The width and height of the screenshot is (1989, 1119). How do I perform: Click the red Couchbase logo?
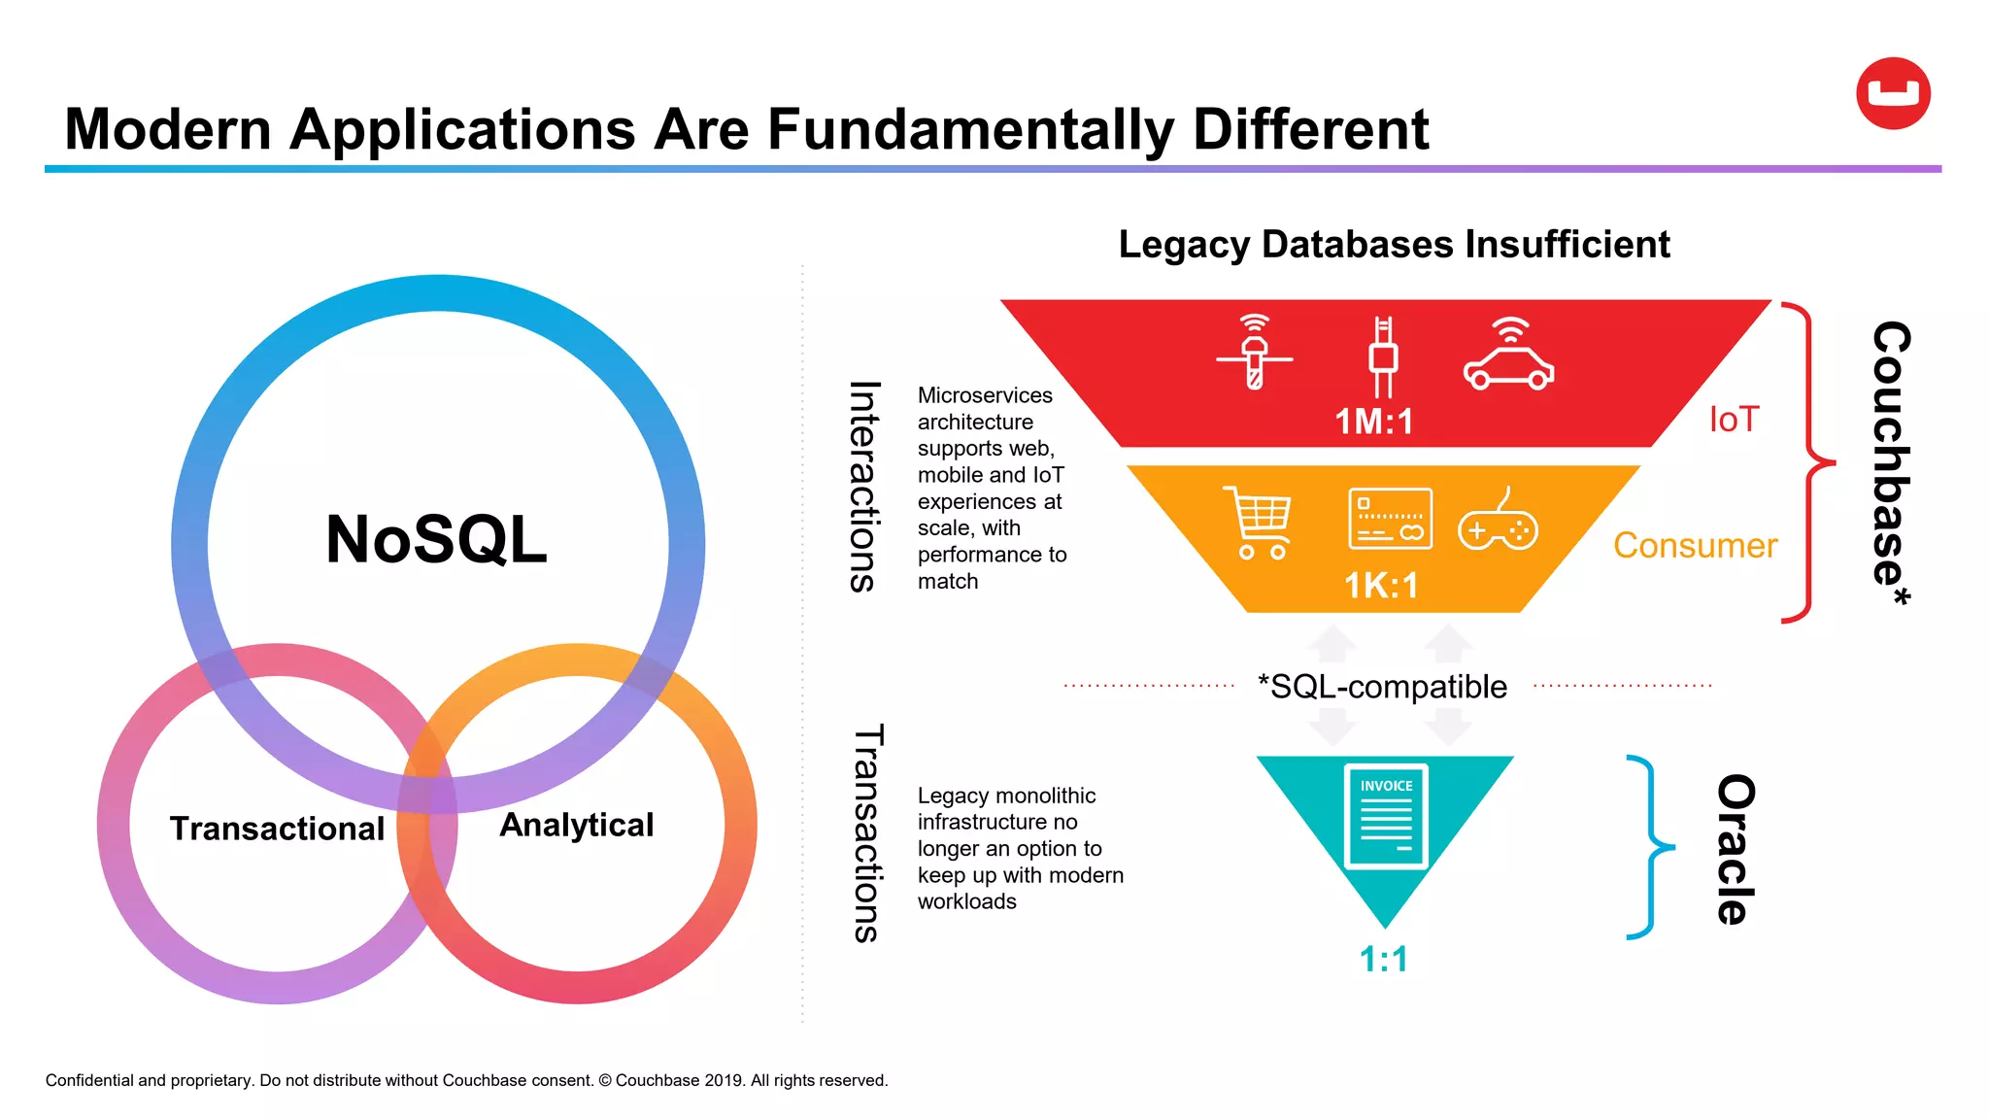(1893, 93)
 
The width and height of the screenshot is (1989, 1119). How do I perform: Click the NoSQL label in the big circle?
(436, 539)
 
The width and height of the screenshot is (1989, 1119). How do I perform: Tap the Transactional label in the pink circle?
(277, 829)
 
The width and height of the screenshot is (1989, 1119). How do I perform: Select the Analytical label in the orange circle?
(576, 825)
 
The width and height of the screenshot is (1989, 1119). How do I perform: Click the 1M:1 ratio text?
(1373, 422)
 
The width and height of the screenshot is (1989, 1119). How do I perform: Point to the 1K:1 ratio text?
(1380, 586)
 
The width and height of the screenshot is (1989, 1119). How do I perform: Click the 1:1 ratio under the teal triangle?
(1383, 960)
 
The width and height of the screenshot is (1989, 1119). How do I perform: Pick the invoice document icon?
(1386, 816)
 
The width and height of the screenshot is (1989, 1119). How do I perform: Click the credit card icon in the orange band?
(1390, 519)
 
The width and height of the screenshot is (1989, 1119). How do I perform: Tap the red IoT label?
(1734, 420)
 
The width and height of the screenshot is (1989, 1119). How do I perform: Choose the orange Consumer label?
(1695, 546)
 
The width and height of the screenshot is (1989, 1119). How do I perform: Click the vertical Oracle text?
(1736, 849)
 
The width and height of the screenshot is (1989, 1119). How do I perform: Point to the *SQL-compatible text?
(1382, 687)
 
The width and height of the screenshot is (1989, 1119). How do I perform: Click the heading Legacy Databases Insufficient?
(1394, 244)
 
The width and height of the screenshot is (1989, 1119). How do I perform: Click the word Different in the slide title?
(1310, 129)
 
